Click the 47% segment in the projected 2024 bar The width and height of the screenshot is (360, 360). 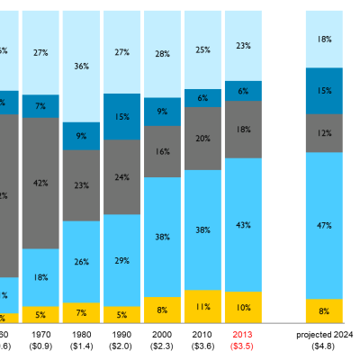click(x=324, y=225)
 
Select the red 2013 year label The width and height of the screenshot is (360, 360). click(x=243, y=333)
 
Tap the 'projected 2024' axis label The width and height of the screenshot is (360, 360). click(x=324, y=333)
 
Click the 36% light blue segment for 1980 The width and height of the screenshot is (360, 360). click(x=81, y=66)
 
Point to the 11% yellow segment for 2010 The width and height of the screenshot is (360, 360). click(x=202, y=306)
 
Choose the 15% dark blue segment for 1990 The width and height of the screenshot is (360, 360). click(x=121, y=116)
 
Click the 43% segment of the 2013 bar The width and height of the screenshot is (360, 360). click(x=243, y=224)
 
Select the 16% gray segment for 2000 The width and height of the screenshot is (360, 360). click(x=162, y=151)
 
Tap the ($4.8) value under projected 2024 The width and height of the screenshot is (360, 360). click(x=324, y=345)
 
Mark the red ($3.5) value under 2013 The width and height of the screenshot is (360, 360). click(x=243, y=345)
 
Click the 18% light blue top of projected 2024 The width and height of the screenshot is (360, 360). click(x=324, y=40)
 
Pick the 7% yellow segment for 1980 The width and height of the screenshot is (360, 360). click(x=81, y=312)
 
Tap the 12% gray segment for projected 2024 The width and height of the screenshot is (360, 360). click(x=324, y=133)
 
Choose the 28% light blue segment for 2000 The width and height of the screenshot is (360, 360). click(x=162, y=54)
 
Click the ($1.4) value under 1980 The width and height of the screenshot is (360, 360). click(x=81, y=345)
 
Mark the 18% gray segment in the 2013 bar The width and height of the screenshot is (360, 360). click(x=243, y=129)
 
